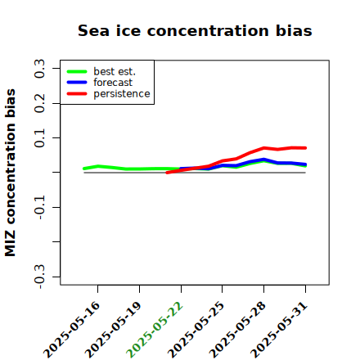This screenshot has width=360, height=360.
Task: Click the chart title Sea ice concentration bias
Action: click(195, 30)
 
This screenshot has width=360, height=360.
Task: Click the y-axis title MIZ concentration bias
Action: click(11, 173)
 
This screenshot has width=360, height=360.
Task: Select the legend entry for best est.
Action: click(115, 71)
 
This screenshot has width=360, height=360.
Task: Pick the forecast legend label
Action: click(113, 83)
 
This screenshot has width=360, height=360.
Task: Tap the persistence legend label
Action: click(122, 94)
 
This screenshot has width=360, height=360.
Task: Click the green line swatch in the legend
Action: click(77, 71)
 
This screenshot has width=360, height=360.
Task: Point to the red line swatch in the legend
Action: click(77, 94)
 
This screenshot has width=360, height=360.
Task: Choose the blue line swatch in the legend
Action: click(77, 83)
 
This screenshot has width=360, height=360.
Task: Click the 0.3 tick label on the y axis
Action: click(39, 69)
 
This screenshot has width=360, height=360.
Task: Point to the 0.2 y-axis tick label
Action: click(39, 103)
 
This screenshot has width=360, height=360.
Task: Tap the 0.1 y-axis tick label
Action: click(39, 138)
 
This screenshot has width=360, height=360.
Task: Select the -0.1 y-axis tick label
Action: click(39, 208)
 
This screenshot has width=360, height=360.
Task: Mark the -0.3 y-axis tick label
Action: click(39, 277)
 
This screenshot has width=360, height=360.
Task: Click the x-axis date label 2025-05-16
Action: click(71, 330)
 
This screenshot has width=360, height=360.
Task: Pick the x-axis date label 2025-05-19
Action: click(113, 330)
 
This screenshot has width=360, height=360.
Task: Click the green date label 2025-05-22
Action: click(155, 330)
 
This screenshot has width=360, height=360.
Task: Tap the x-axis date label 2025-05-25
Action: click(196, 330)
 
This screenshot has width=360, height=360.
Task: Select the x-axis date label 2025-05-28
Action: click(237, 330)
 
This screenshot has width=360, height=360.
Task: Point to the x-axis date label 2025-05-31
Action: click(279, 330)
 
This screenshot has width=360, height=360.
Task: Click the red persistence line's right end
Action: click(305, 148)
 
